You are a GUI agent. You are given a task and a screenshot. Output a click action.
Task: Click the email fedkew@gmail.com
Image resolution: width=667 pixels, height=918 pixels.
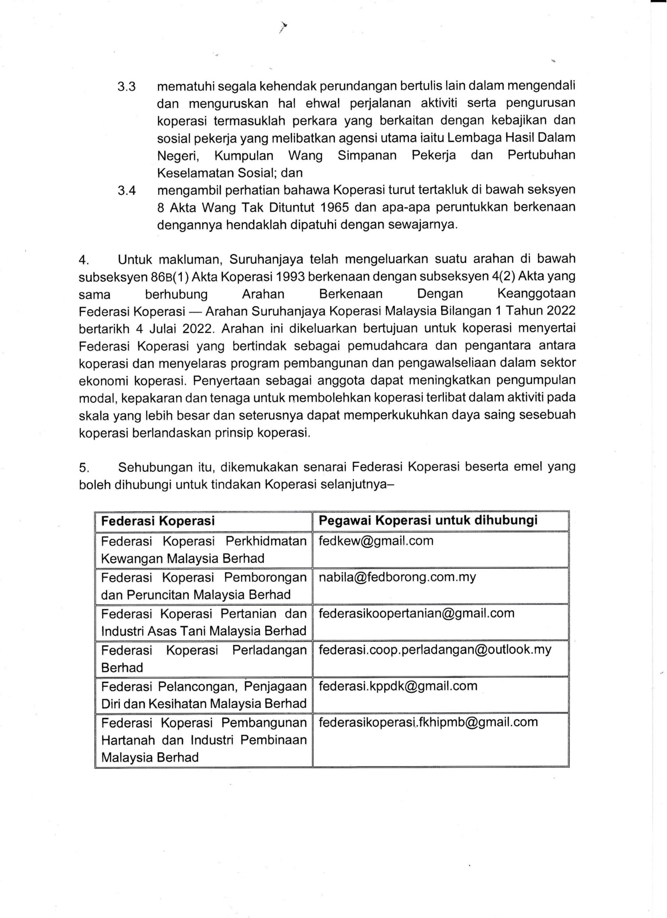pyautogui.click(x=376, y=541)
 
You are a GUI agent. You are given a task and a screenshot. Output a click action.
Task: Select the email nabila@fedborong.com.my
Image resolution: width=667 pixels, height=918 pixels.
pyautogui.click(x=397, y=577)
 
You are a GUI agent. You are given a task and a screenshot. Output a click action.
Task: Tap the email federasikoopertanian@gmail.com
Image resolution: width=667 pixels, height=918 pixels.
pyautogui.click(x=416, y=613)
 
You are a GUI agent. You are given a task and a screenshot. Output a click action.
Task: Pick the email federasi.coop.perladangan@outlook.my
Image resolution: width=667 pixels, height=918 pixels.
pyautogui.click(x=435, y=649)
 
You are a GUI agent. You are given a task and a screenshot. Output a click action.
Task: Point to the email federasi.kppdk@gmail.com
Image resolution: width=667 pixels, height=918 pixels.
pyautogui.click(x=398, y=686)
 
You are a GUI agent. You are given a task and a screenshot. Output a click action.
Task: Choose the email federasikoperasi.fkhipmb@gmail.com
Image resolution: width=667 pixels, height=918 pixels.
pyautogui.click(x=428, y=722)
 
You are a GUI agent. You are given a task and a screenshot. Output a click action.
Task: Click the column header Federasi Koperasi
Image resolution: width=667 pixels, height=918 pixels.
pyautogui.click(x=158, y=521)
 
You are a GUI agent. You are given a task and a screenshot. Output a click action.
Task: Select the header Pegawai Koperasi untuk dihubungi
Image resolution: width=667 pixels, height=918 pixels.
pyautogui.click(x=428, y=521)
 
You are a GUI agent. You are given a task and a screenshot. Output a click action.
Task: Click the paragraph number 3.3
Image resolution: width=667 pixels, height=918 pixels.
pyautogui.click(x=127, y=87)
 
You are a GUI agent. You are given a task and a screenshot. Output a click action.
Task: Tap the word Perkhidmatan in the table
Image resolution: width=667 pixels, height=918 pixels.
pyautogui.click(x=266, y=541)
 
